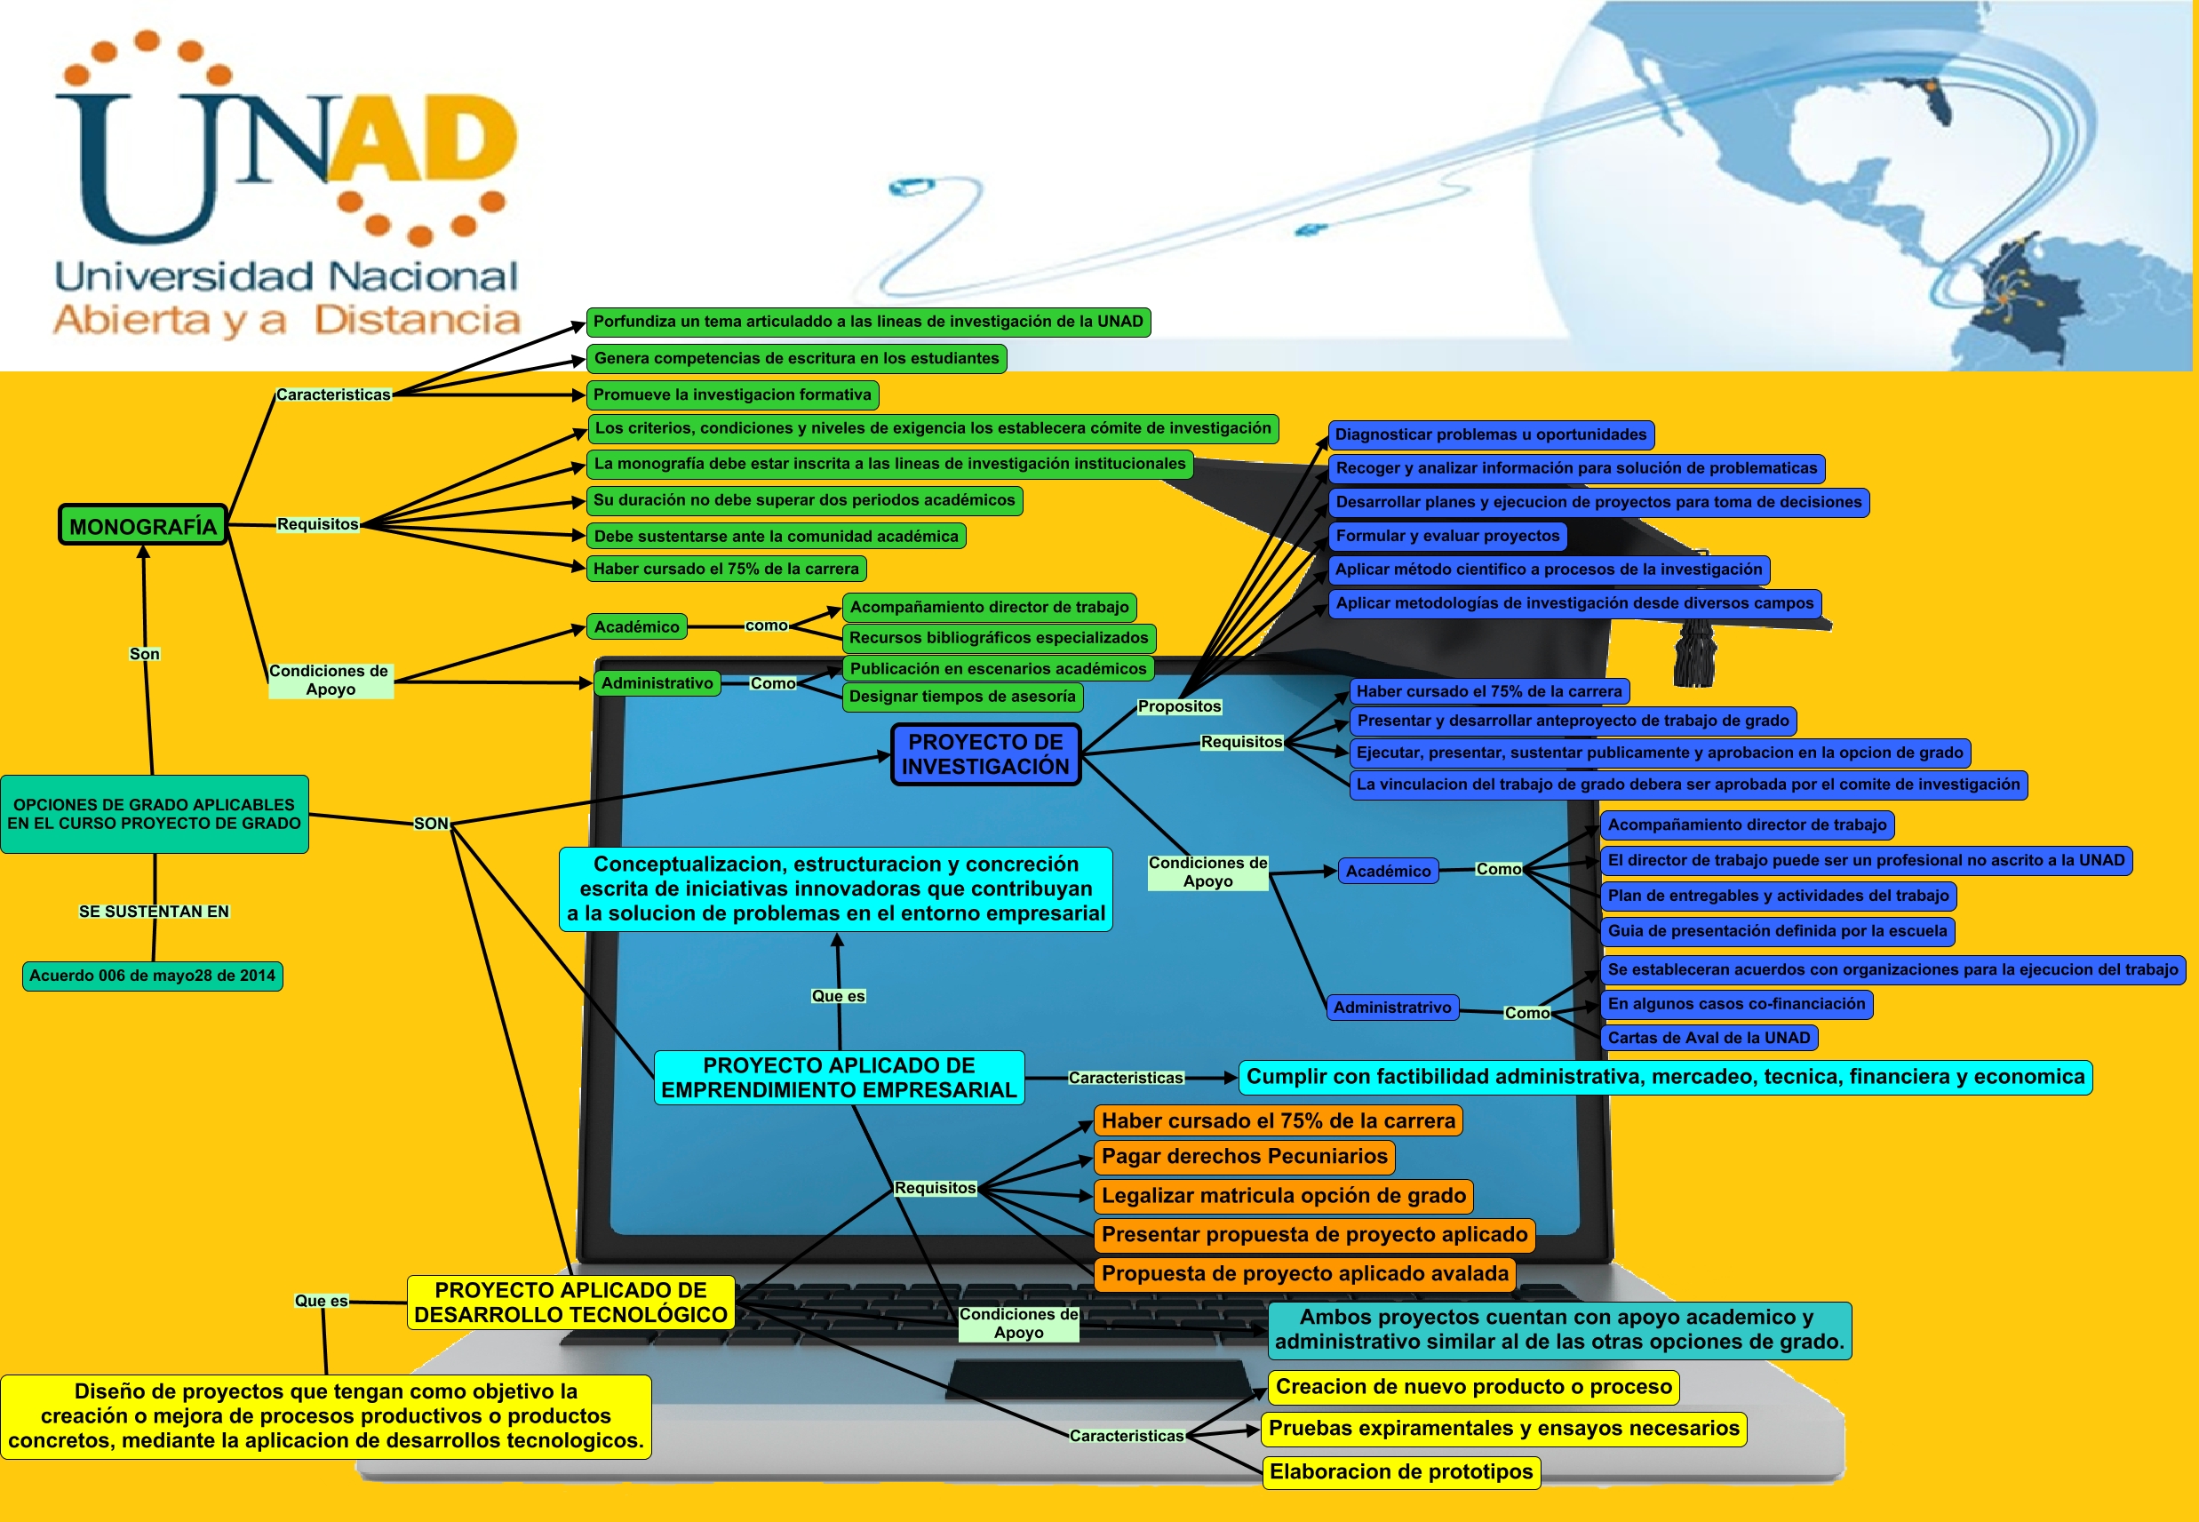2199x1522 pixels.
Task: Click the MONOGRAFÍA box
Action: coord(143,525)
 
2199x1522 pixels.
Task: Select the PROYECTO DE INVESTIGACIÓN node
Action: coord(985,754)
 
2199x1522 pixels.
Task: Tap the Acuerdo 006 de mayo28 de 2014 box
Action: coord(153,976)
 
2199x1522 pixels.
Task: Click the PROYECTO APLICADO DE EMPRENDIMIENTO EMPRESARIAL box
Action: coord(839,1078)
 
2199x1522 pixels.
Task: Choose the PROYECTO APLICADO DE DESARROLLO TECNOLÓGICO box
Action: coord(570,1303)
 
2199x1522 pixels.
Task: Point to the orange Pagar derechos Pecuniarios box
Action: coord(1244,1157)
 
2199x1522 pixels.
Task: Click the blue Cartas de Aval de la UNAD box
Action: coord(1708,1038)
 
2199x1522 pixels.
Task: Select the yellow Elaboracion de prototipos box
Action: coord(1401,1471)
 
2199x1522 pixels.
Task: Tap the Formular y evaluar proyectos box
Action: coord(1446,536)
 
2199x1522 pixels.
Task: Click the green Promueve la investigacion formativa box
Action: coord(731,394)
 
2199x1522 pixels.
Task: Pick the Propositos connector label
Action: coord(1179,706)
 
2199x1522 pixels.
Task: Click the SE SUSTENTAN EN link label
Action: coord(154,912)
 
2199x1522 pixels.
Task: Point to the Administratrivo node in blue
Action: coord(1391,1007)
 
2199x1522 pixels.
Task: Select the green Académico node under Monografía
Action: coord(636,626)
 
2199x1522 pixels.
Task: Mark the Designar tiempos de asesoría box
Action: coord(961,697)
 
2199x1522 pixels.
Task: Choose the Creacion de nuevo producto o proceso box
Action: coord(1473,1387)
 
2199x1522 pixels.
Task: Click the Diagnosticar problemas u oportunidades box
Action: coord(1491,434)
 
